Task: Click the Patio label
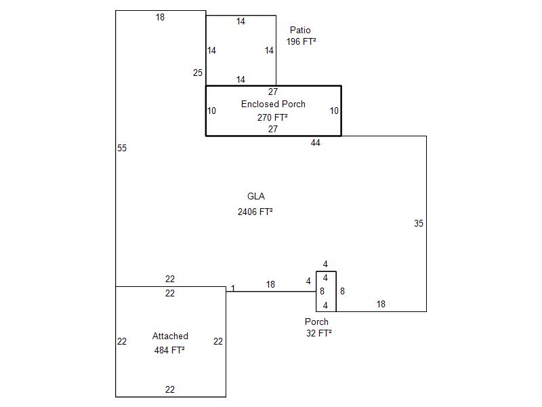[x=300, y=30]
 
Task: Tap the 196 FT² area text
[x=301, y=41]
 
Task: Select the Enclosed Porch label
[x=273, y=104]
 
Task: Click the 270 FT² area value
[x=272, y=117]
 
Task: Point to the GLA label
[x=256, y=197]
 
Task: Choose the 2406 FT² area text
[x=255, y=212]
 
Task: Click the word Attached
[x=170, y=336]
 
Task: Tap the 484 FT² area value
[x=169, y=350]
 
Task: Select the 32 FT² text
[x=318, y=333]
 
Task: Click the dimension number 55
[x=122, y=148]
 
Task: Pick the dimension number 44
[x=316, y=142]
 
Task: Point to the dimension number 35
[x=419, y=223]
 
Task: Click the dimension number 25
[x=198, y=73]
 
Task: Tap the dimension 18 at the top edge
[x=160, y=17]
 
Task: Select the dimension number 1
[x=232, y=288]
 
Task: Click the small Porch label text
[x=316, y=322]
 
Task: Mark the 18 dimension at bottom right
[x=381, y=304]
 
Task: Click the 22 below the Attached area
[x=170, y=389]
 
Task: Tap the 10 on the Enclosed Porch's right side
[x=334, y=111]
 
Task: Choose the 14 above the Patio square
[x=241, y=22]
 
